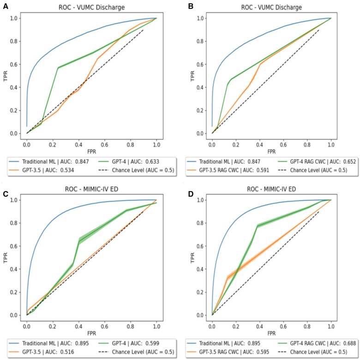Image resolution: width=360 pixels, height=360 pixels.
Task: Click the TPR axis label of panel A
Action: [5, 76]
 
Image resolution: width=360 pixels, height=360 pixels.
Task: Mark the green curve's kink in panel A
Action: [58, 68]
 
